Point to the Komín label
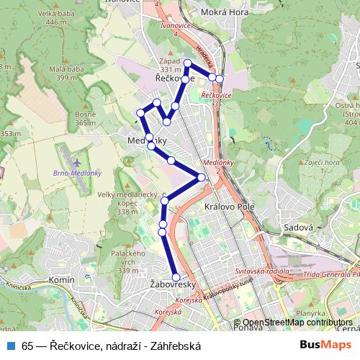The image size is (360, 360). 62,279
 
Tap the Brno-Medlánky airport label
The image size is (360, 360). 78,173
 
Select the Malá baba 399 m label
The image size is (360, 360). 63,73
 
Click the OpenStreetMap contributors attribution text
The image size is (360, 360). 297,323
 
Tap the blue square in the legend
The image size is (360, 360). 10,346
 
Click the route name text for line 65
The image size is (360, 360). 111,346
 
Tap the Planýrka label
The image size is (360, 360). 310,314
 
